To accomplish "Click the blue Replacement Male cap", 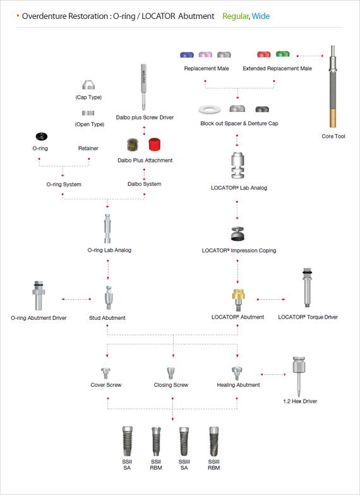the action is tap(187, 54).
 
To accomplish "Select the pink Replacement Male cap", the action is tap(205, 54).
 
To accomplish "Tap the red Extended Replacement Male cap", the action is tap(264, 54).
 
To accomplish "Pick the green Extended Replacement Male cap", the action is tap(283, 54).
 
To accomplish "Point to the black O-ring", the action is tap(41, 137).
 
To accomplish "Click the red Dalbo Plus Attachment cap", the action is tap(155, 144).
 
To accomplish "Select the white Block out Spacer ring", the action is tap(209, 110).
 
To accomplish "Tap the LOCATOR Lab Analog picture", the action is tap(237, 166).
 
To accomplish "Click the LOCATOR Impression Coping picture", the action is tap(237, 234).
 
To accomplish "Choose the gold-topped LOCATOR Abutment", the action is tap(238, 300).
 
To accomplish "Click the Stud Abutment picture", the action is tap(108, 297).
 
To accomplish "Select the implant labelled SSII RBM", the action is tap(156, 442).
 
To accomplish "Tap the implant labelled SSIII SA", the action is tap(184, 442).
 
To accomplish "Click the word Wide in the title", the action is tap(261, 16).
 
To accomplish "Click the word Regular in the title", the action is tap(236, 16).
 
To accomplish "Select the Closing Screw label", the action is tap(171, 385).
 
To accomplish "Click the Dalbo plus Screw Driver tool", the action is tap(143, 87).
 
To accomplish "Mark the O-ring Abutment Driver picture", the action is tap(39, 295).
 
